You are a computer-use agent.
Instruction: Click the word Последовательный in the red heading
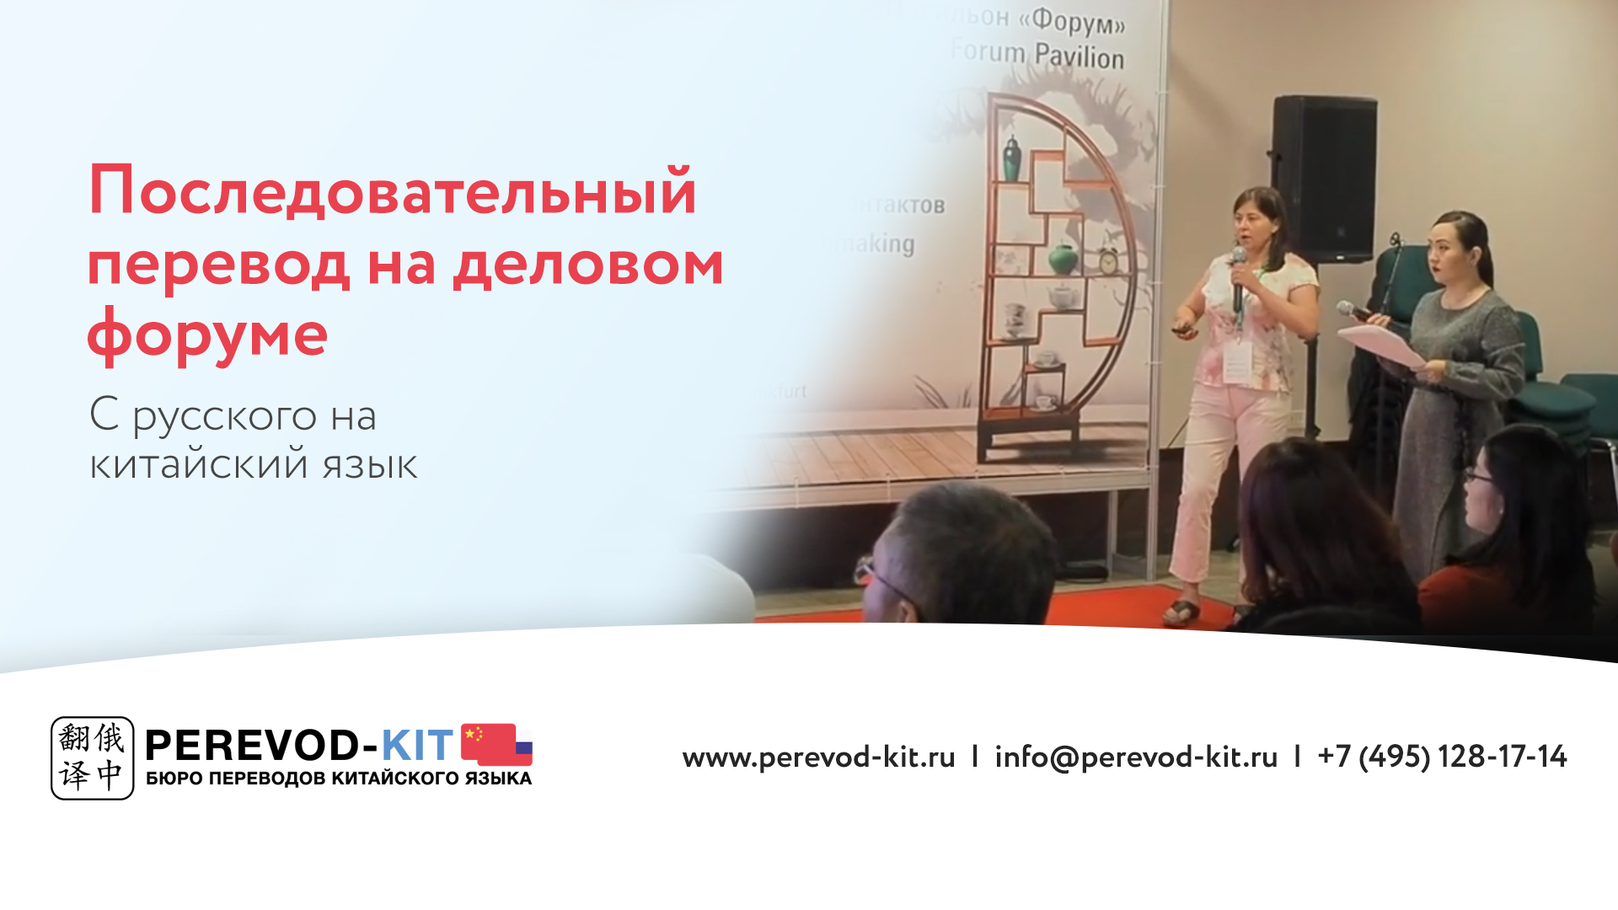coord(393,190)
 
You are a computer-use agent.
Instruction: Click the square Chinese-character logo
coord(92,757)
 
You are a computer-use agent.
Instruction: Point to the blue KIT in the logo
coord(417,745)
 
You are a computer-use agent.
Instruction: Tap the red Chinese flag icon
coord(487,742)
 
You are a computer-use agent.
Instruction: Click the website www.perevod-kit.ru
coord(818,757)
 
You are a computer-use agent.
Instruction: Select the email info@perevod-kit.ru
coord(1136,757)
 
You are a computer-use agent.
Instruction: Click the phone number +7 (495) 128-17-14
coord(1442,757)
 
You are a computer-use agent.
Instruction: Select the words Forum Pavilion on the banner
coord(1037,55)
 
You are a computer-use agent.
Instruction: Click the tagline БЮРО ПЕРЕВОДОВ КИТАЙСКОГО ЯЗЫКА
coord(339,779)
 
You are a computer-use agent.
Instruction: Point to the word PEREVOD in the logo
coord(253,745)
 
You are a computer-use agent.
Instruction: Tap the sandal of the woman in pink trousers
coord(1181,610)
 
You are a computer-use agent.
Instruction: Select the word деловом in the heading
coord(588,265)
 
